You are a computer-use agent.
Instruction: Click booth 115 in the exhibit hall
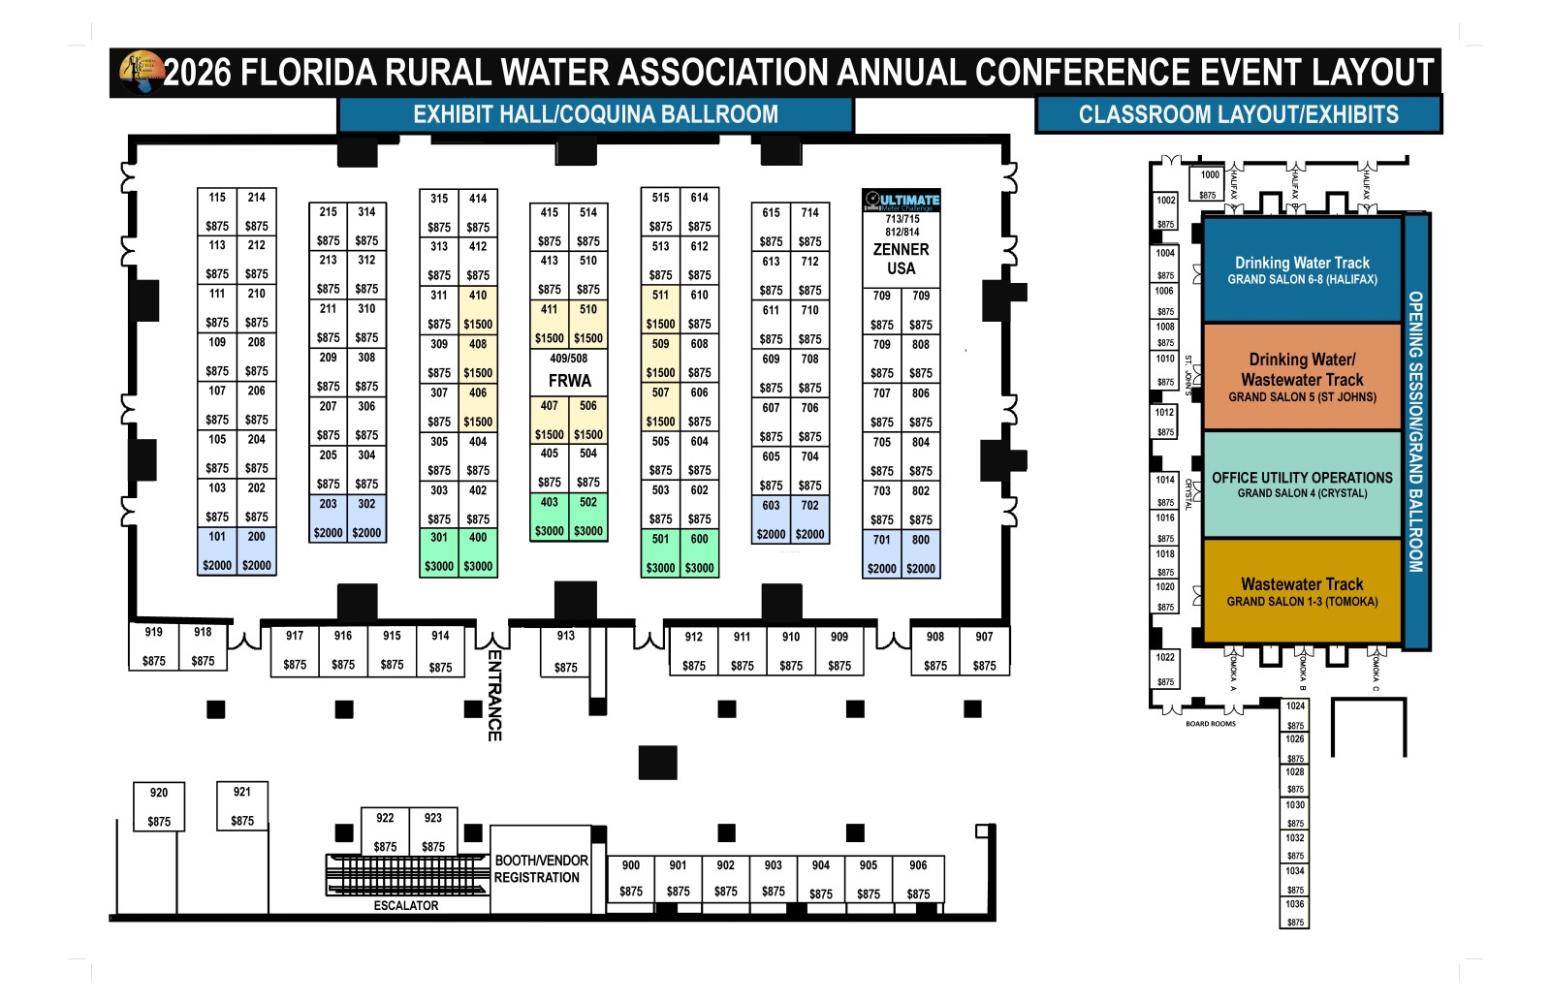click(x=217, y=210)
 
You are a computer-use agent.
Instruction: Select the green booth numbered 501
click(x=660, y=552)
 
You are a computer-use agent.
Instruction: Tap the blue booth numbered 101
click(x=217, y=550)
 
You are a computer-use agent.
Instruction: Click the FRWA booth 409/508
click(x=569, y=372)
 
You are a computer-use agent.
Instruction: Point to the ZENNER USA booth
click(x=901, y=258)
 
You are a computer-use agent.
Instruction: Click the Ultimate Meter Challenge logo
click(x=902, y=201)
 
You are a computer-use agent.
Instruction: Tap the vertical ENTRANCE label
click(x=494, y=695)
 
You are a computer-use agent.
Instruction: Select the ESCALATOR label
click(x=406, y=906)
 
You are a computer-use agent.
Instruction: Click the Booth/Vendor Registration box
click(x=540, y=868)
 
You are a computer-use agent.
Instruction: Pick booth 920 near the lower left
click(x=159, y=806)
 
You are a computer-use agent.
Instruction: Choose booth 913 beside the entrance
click(x=566, y=651)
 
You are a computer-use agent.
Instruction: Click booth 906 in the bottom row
click(x=918, y=879)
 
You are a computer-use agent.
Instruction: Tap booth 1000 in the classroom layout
click(x=1209, y=183)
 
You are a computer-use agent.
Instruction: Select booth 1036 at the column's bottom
click(x=1295, y=913)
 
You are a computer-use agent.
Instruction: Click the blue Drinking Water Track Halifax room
click(x=1302, y=270)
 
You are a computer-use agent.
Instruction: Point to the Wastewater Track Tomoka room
click(x=1302, y=591)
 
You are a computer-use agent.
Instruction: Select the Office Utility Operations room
click(x=1302, y=485)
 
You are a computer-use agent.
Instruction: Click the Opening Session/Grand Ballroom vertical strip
click(x=1415, y=431)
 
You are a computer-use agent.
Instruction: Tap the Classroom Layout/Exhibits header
click(x=1238, y=114)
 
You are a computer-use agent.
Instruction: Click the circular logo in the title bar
click(x=142, y=72)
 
